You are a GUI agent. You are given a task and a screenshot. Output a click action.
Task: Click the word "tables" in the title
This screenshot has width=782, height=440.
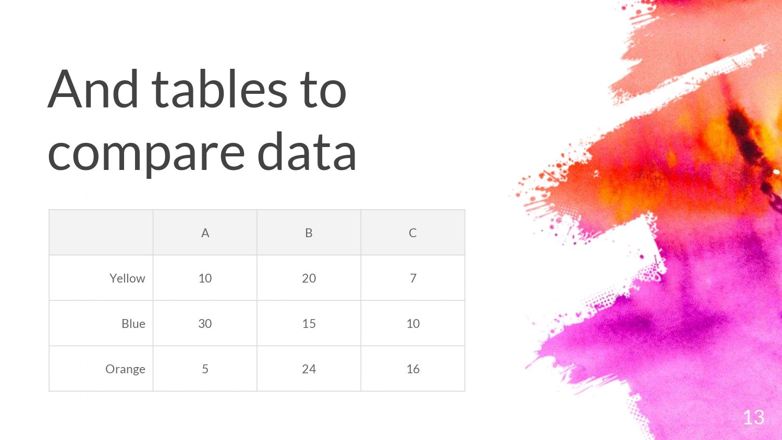point(219,89)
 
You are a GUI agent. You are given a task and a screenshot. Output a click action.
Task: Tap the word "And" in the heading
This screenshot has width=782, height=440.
point(93,89)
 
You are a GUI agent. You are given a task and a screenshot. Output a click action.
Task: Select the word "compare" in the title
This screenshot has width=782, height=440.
point(146,154)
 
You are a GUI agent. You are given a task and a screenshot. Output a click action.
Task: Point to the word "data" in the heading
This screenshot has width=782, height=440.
point(307,152)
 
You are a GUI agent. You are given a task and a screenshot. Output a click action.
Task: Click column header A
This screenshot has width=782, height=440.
point(205,233)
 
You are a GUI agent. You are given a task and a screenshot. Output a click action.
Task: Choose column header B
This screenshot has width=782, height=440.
point(309,233)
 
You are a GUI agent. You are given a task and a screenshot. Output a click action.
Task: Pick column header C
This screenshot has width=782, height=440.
point(413,233)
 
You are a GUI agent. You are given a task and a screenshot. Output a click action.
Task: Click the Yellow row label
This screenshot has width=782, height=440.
point(127,278)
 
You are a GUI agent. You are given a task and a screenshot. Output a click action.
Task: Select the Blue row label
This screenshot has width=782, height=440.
point(133,323)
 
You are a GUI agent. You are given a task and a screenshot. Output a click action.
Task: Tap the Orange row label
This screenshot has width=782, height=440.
point(125,370)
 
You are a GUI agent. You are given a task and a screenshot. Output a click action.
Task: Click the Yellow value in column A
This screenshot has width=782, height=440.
point(205,278)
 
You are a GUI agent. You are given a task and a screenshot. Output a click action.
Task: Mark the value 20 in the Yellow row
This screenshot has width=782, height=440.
point(309,278)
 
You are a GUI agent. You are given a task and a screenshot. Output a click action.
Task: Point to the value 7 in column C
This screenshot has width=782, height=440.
point(413,278)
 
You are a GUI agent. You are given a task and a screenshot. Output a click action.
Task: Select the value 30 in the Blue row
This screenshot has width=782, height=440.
point(205,323)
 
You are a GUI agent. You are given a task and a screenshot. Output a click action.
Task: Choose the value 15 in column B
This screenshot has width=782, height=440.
point(309,323)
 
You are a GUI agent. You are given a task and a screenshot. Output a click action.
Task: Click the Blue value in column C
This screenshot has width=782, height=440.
point(413,323)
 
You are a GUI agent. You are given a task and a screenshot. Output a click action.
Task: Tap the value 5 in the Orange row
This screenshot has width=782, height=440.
point(205,369)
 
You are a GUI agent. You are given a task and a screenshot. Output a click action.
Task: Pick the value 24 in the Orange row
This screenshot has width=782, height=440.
point(309,369)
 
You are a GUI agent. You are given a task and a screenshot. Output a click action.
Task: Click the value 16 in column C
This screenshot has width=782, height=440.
point(413,369)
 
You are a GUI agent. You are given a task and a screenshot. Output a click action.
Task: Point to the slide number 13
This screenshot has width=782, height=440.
point(754,417)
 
